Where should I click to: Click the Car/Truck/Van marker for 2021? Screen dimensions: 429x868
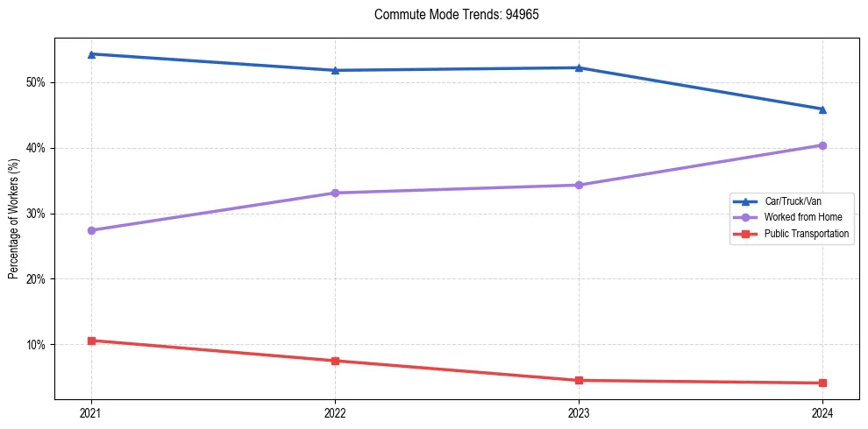click(x=91, y=54)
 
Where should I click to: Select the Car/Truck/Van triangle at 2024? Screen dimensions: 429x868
click(x=822, y=109)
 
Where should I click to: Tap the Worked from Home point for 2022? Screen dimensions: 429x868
click(x=335, y=193)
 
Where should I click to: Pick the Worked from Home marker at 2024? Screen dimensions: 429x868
click(x=822, y=145)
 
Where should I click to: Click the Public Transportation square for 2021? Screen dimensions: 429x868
click(x=91, y=341)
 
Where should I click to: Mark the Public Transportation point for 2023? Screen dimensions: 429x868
click(x=579, y=380)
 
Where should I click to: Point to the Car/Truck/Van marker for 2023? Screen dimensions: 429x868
click(x=579, y=67)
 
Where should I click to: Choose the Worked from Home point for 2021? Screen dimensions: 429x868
click(x=91, y=230)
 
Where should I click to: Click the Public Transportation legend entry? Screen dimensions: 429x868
click(x=806, y=234)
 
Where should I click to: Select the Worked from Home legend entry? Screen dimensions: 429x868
click(x=801, y=217)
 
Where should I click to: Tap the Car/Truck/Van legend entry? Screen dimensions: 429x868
click(x=793, y=200)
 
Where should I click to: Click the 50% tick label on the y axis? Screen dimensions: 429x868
click(x=37, y=82)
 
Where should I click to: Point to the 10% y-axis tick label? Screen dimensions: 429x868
click(x=37, y=345)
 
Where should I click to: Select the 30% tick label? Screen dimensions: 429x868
click(x=37, y=214)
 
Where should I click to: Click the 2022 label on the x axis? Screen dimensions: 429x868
click(x=335, y=412)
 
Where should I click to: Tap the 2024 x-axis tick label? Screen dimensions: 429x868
click(x=822, y=412)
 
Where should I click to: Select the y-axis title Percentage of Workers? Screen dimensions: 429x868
click(x=13, y=219)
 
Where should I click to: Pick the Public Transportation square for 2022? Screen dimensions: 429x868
click(x=335, y=361)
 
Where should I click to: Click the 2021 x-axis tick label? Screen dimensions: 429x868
click(x=91, y=412)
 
